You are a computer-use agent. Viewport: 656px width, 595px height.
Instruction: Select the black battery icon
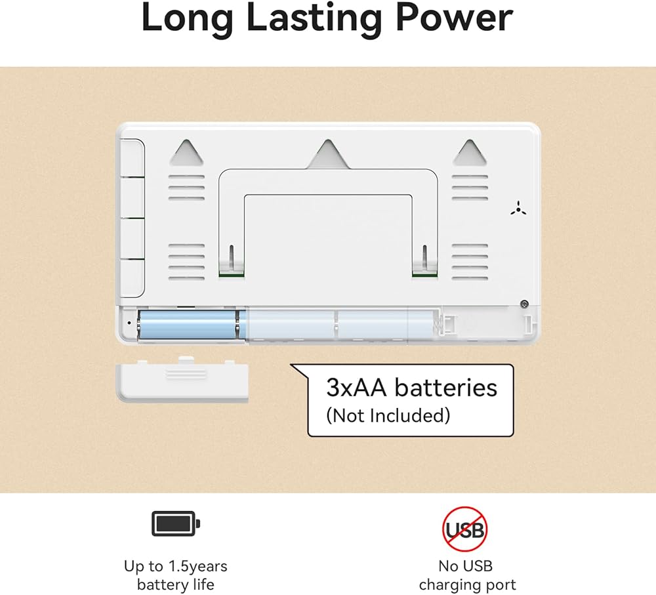pos(176,523)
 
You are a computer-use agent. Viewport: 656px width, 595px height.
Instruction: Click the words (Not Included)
pos(388,415)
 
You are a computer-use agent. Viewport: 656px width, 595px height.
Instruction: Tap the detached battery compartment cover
pos(182,380)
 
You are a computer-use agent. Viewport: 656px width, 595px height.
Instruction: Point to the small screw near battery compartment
pos(523,303)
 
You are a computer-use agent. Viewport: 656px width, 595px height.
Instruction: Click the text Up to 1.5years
pos(175,565)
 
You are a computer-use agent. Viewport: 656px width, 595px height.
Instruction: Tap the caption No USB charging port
pos(466,575)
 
